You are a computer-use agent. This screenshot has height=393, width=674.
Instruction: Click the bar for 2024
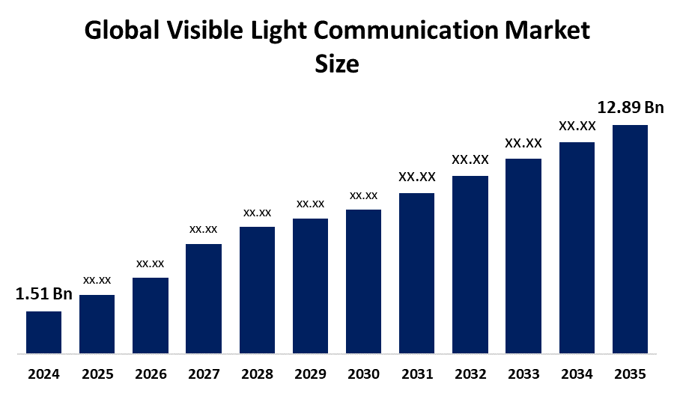pyautogui.click(x=43, y=332)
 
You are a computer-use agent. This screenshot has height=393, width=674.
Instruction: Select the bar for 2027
pyautogui.click(x=203, y=298)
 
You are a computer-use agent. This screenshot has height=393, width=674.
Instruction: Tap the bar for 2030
pyautogui.click(x=363, y=281)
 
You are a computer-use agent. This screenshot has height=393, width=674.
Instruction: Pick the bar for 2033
pyautogui.click(x=523, y=255)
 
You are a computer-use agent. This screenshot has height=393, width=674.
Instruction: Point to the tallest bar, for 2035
pyautogui.click(x=630, y=238)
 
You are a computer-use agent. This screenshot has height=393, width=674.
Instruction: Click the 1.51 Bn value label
pyautogui.click(x=43, y=294)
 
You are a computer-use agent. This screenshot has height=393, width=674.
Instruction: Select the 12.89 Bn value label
pyautogui.click(x=630, y=108)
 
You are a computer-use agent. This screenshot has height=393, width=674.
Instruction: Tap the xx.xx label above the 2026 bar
pyautogui.click(x=150, y=263)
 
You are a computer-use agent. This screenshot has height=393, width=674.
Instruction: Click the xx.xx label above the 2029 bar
pyautogui.click(x=310, y=204)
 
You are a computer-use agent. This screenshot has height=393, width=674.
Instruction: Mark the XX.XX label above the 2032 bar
pyautogui.click(x=470, y=159)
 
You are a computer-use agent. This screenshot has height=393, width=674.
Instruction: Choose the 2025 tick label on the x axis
pyautogui.click(x=97, y=373)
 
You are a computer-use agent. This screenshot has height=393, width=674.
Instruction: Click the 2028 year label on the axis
pyautogui.click(x=257, y=373)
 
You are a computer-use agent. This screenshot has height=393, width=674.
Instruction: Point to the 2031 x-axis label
pyautogui.click(x=416, y=373)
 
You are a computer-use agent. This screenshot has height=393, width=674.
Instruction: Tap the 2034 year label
pyautogui.click(x=577, y=373)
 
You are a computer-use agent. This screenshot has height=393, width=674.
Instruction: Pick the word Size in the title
pyautogui.click(x=337, y=64)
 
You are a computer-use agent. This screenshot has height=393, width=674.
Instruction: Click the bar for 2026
pyautogui.click(x=150, y=315)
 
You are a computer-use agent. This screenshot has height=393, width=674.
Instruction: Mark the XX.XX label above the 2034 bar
pyautogui.click(x=577, y=127)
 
